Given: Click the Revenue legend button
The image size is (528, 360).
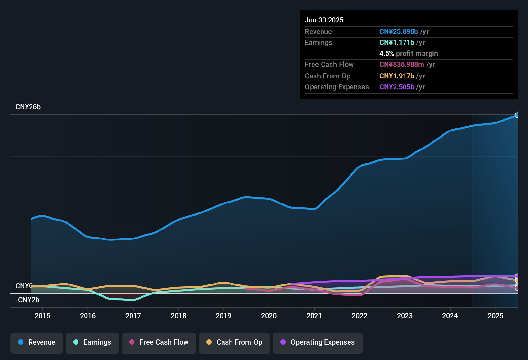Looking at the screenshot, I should [37, 342].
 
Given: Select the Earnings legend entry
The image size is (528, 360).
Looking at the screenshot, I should [92, 342].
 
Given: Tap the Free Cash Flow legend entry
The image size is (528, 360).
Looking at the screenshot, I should [159, 342].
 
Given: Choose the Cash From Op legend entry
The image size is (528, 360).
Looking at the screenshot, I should [234, 342].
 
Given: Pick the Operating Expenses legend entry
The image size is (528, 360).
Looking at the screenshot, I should [318, 342].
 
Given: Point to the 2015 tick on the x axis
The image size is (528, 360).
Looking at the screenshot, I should [42, 316].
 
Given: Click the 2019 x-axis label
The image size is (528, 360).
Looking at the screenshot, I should [223, 316].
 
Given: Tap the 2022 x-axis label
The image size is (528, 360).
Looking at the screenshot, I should [360, 316].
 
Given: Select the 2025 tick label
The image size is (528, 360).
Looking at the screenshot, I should [496, 316].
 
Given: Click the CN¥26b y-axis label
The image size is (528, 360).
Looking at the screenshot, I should [28, 107].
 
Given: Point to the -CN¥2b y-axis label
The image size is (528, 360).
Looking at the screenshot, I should [27, 300].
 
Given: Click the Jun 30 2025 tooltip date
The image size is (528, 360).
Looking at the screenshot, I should [324, 20].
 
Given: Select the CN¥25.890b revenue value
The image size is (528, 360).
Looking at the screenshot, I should [398, 32].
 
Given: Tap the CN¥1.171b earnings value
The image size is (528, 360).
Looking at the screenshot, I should [396, 43].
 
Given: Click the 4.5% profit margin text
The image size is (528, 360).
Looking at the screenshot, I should [408, 54].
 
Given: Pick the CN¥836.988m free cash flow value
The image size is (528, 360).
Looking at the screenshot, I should [402, 65].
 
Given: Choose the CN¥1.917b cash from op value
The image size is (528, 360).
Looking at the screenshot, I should [396, 76].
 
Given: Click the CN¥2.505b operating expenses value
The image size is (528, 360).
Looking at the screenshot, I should [396, 87].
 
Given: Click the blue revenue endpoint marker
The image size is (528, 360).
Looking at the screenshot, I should [517, 115].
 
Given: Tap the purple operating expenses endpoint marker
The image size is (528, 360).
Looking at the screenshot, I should [517, 276].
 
